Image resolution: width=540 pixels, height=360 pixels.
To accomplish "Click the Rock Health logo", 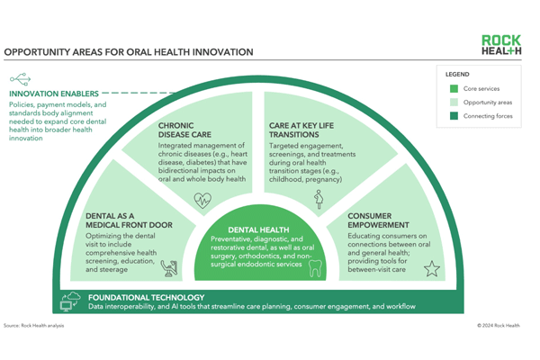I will pos(500,46).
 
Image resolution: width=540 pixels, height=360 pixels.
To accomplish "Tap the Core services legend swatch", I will pos(454,89).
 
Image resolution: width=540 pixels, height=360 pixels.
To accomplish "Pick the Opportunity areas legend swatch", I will pos(454,103).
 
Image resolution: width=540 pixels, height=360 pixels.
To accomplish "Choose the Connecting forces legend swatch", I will pos(454,116).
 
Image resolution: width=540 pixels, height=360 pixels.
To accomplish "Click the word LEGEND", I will pos(457,74).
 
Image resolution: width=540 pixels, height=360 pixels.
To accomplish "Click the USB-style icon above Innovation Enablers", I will pos(20,79).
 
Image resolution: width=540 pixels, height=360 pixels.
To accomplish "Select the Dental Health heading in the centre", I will pos(260,230).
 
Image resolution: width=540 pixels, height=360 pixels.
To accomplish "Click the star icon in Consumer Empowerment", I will pos(431,267).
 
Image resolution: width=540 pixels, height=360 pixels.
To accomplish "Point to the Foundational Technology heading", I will pos(146,298).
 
